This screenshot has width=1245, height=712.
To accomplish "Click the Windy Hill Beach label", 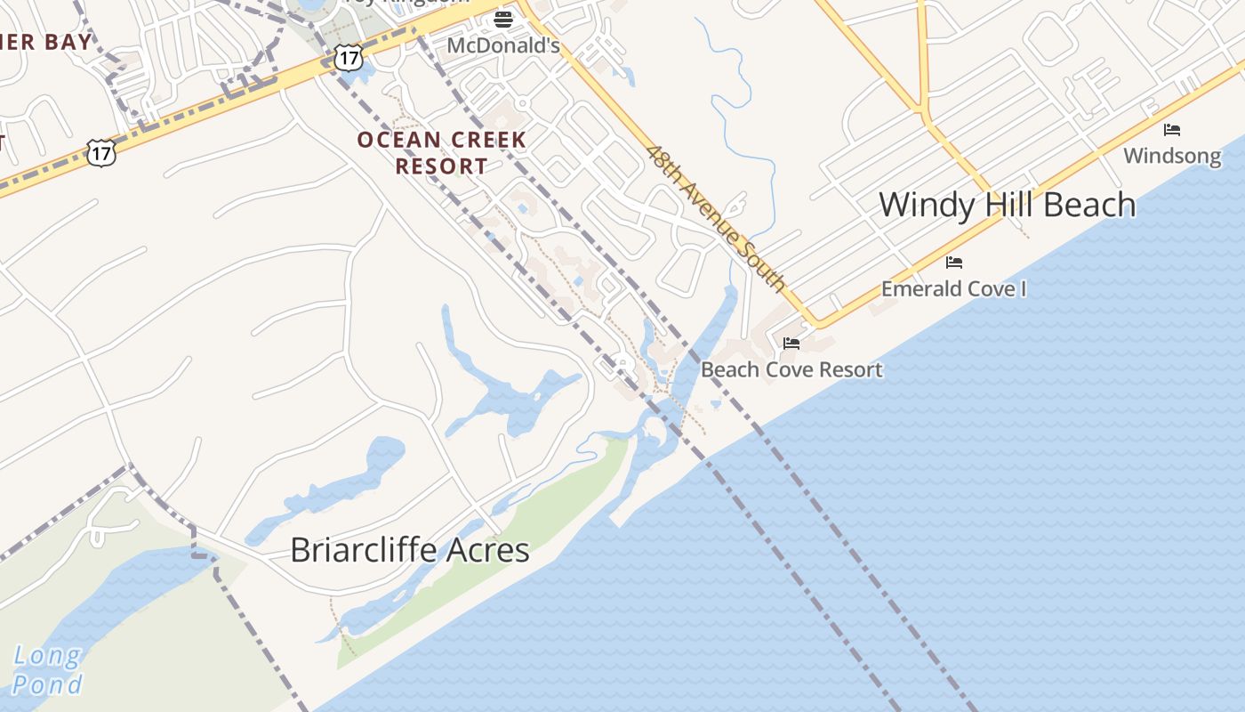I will click(x=1007, y=206).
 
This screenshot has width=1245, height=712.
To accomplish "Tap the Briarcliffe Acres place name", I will click(x=410, y=550).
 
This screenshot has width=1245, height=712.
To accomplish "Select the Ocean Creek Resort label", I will click(x=442, y=153).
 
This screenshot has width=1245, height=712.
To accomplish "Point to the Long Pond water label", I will click(x=48, y=671).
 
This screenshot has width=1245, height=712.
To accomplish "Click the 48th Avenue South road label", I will click(x=716, y=219).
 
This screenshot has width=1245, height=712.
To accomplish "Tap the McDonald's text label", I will click(x=503, y=44).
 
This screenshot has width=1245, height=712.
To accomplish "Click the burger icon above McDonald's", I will click(x=504, y=18).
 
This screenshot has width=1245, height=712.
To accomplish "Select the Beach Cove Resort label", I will click(x=791, y=369).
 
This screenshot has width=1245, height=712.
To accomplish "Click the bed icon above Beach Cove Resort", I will click(x=791, y=344).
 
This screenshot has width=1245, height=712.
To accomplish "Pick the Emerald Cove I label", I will click(x=953, y=289).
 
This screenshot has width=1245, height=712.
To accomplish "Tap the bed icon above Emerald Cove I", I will click(x=954, y=263).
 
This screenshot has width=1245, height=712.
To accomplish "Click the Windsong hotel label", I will click(x=1172, y=157).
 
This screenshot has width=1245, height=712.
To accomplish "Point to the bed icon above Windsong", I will click(x=1172, y=130).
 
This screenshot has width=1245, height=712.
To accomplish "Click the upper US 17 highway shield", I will click(x=349, y=58).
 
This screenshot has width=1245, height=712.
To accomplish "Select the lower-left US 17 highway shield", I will click(x=101, y=152).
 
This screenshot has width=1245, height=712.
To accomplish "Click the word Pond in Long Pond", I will click(x=48, y=684).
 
